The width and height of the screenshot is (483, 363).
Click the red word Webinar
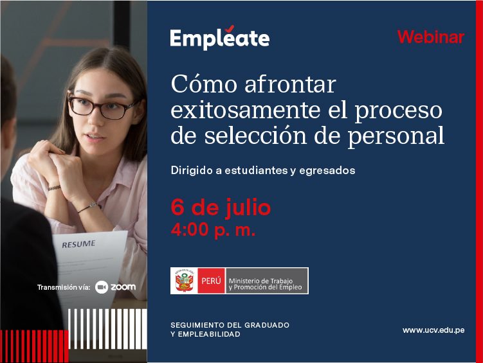tap(431, 37)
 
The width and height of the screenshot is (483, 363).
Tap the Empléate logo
tap(219, 37)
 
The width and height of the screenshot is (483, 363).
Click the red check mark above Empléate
tap(230, 29)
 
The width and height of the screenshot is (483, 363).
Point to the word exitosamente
tap(246, 110)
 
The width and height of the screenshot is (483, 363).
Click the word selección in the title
tap(256, 136)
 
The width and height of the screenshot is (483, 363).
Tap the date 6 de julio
tap(221, 208)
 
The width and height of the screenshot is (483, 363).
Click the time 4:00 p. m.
tap(213, 229)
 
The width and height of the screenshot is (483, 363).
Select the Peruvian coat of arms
tap(184, 281)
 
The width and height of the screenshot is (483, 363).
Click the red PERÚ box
tap(212, 281)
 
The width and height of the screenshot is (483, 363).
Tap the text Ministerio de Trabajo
tap(260, 281)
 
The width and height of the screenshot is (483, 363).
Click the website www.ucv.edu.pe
tap(433, 330)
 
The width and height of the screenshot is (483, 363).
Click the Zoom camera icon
tap(102, 287)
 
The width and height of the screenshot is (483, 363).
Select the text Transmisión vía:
tap(64, 287)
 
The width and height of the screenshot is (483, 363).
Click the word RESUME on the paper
tap(78, 244)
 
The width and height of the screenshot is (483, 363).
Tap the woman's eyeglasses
tap(101, 107)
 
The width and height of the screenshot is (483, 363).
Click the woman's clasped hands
tap(59, 166)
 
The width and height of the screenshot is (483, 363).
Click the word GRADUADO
tap(267, 325)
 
